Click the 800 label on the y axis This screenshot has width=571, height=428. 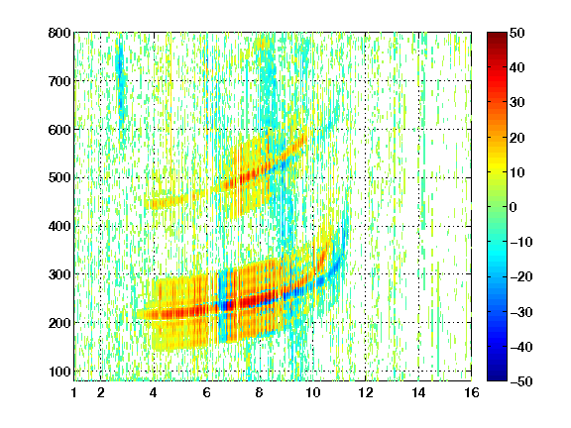pyautogui.click(x=59, y=33)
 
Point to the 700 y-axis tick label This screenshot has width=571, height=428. pyautogui.click(x=59, y=81)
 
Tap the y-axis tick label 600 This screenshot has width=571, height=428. pyautogui.click(x=59, y=130)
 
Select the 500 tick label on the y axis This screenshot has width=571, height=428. pyautogui.click(x=59, y=178)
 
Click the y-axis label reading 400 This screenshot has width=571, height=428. pyautogui.click(x=59, y=226)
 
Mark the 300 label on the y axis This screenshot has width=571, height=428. pyautogui.click(x=59, y=274)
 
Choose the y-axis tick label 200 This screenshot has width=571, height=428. pyautogui.click(x=59, y=323)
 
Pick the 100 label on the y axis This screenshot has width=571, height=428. pyautogui.click(x=59, y=372)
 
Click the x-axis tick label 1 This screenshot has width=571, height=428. pyautogui.click(x=74, y=392)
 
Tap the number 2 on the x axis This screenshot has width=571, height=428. pyautogui.click(x=101, y=392)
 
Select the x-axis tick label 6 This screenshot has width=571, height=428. pyautogui.click(x=207, y=392)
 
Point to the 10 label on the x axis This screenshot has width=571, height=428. pyautogui.click(x=313, y=392)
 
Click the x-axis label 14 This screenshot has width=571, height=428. pyautogui.click(x=418, y=392)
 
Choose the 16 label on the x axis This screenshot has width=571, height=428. pyautogui.click(x=472, y=392)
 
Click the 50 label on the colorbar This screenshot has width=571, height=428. pyautogui.click(x=517, y=33)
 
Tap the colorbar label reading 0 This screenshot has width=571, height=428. pyautogui.click(x=514, y=207)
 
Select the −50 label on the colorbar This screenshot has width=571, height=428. pyautogui.click(x=521, y=381)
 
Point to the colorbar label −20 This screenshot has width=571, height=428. pyautogui.click(x=521, y=277)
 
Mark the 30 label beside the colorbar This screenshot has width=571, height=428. pyautogui.click(x=517, y=103)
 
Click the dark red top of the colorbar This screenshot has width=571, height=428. pyautogui.click(x=497, y=36)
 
